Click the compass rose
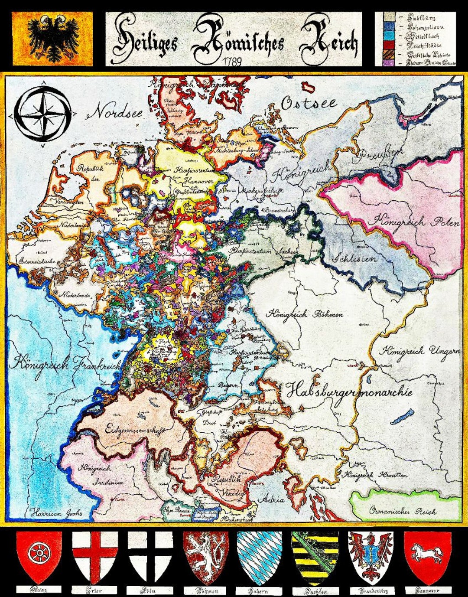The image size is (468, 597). [42, 114]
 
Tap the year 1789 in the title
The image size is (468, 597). [233, 61]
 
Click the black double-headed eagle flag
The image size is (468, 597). [52, 39]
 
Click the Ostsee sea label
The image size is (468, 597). [309, 103]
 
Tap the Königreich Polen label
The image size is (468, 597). [413, 221]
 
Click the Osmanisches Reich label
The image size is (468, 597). [403, 511]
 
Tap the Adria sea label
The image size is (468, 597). [271, 499]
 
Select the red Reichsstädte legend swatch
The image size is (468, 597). [389, 45]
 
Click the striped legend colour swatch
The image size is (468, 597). [389, 54]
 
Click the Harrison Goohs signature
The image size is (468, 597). [56, 513]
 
